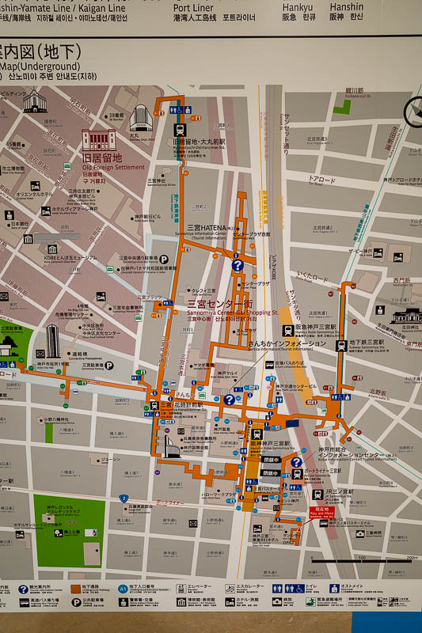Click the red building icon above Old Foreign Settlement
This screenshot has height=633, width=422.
(x=98, y=141)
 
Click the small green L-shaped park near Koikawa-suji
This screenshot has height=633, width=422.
(x=341, y=106)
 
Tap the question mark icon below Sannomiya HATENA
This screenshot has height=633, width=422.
(x=237, y=266)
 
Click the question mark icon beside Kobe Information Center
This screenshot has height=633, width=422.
(x=296, y=462)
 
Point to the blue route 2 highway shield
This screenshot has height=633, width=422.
(x=124, y=498)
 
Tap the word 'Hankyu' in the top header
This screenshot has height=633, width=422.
(x=298, y=6)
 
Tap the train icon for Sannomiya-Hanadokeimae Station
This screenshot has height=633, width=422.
(x=166, y=407)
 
